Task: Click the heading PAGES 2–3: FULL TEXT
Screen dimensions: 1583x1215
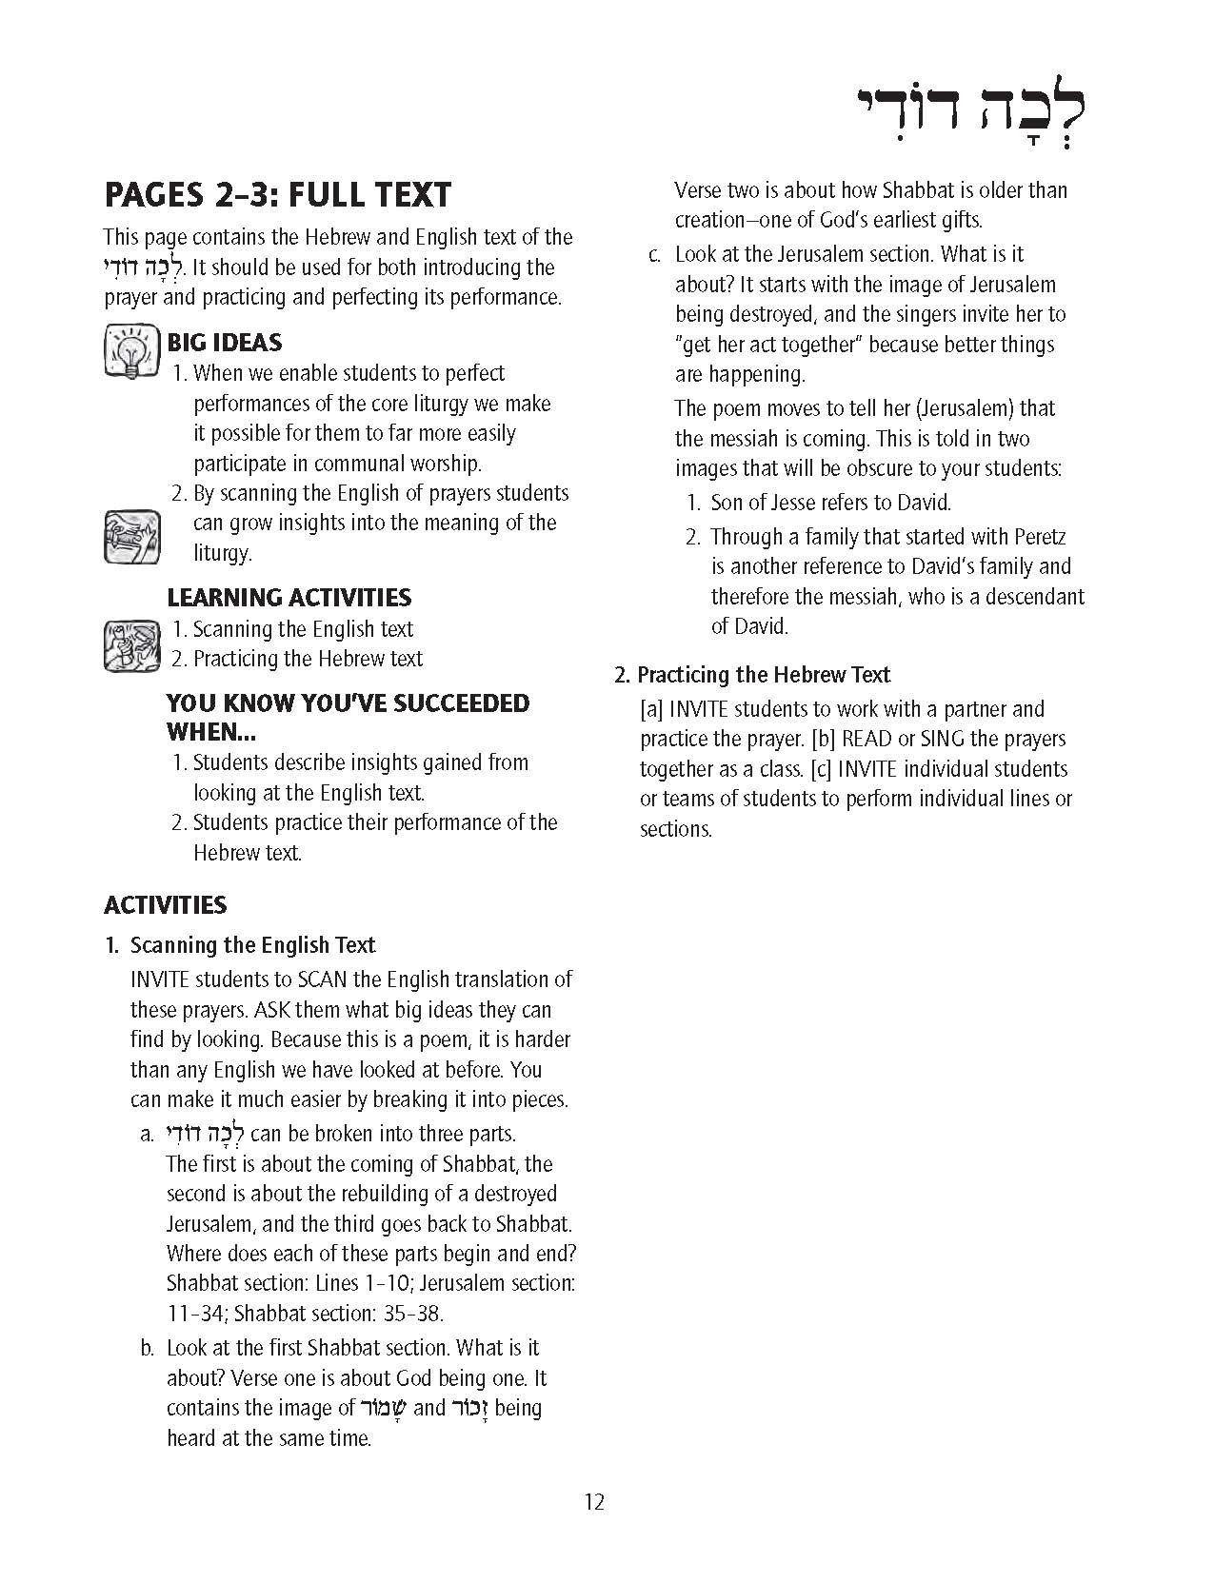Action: pos(277,195)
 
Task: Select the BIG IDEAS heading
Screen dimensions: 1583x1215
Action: pos(225,343)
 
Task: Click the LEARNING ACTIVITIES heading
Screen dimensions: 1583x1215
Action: pos(289,598)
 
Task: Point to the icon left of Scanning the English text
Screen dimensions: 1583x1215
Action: pos(131,645)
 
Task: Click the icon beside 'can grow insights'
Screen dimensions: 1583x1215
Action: pos(131,536)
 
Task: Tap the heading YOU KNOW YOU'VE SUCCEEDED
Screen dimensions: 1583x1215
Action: pos(348,703)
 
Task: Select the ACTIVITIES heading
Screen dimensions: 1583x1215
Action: pos(166,904)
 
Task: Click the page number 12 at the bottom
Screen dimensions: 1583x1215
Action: pos(594,1502)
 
